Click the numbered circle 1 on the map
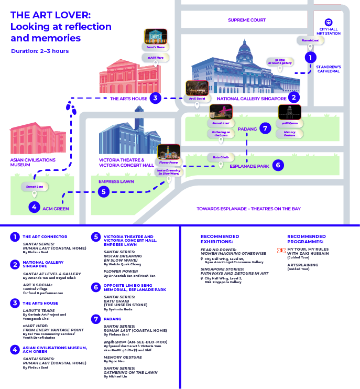point(310,58)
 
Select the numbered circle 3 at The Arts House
point(155,98)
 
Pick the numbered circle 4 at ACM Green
point(35,208)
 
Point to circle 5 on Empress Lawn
point(104,192)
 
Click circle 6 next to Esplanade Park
point(278,165)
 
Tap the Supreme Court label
point(247,20)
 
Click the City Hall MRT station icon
point(329,22)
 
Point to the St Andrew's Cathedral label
point(329,69)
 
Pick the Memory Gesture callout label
point(289,134)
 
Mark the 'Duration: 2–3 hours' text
point(40,51)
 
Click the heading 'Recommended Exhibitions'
point(220,239)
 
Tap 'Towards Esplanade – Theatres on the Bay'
point(248,209)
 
